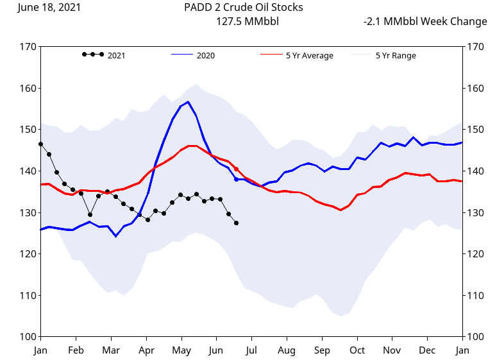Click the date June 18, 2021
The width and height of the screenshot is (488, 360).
49,8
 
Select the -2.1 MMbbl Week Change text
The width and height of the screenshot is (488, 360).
425,22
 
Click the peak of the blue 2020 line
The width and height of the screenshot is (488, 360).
188,102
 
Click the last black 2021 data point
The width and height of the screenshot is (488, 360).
237,223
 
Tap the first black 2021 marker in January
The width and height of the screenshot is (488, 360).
40,144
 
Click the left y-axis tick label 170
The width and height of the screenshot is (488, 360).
28,47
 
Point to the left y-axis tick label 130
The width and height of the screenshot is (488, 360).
28,212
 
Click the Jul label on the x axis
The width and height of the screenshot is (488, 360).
251,350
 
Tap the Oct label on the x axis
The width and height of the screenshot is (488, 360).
357,350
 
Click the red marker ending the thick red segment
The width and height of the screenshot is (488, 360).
237,169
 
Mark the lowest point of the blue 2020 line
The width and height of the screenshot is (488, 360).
116,236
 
